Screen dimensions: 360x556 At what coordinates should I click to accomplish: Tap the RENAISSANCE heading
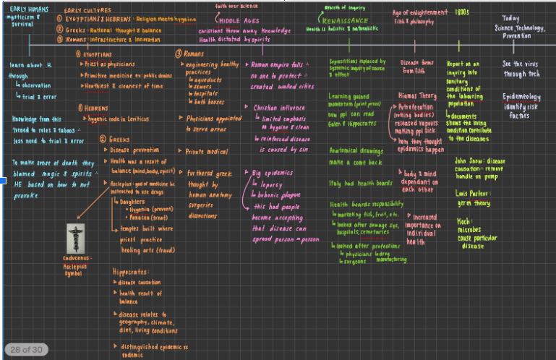click(346, 21)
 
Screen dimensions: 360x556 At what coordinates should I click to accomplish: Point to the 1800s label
click(461, 12)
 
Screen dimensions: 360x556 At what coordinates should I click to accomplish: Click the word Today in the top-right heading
click(511, 18)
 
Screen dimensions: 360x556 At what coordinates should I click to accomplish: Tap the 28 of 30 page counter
click(25, 350)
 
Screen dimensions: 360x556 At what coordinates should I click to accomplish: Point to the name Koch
click(463, 222)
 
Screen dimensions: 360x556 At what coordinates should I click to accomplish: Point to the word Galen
click(338, 125)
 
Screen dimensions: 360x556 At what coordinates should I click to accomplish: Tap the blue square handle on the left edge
click(3, 180)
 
